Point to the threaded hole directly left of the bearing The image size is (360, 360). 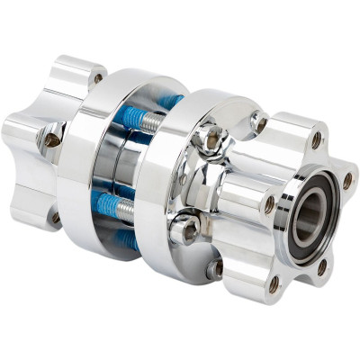269,205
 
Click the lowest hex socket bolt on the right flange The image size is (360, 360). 214,267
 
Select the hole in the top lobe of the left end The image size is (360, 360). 97,78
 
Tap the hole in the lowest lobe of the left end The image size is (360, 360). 55,216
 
